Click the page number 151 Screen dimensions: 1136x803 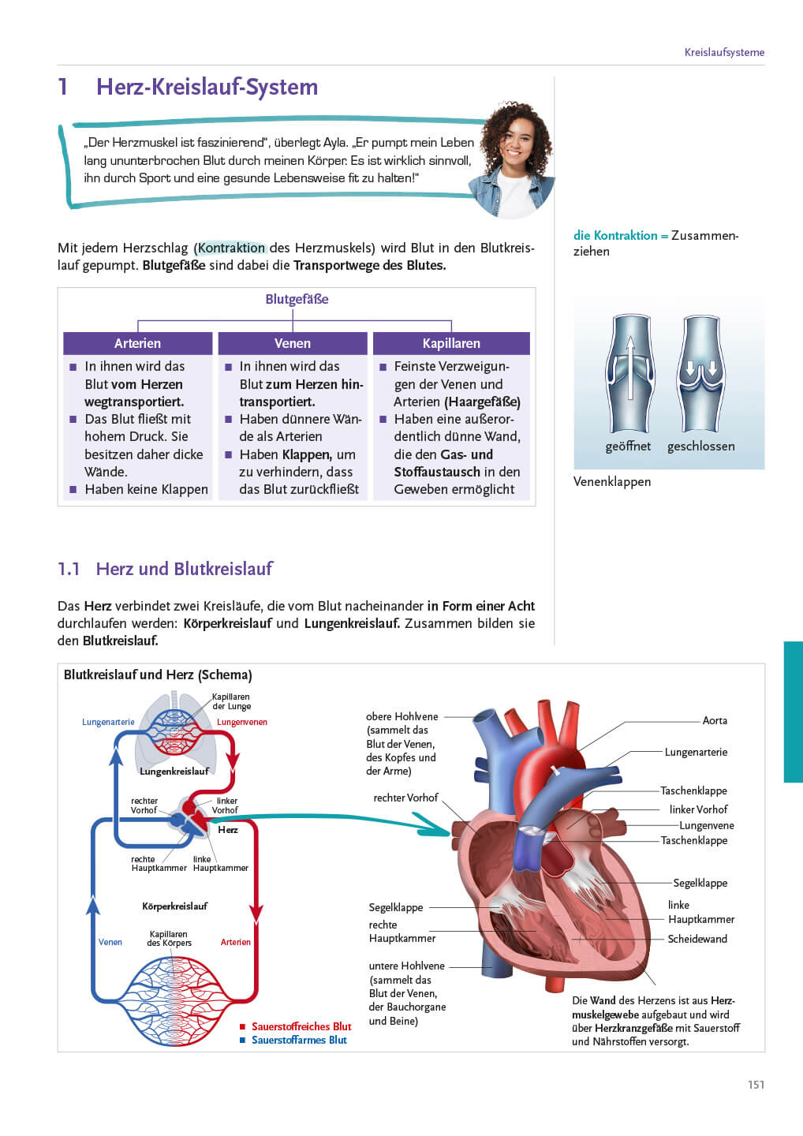756,1085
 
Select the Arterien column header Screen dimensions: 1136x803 137,343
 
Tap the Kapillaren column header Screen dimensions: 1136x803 450,343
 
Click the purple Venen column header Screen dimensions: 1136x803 293,343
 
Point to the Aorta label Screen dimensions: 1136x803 715,720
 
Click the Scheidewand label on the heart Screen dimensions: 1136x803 697,939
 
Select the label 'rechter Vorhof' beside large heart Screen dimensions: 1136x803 405,798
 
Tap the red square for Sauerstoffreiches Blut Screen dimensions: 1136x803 243,1027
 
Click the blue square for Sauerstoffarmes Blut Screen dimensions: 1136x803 243,1041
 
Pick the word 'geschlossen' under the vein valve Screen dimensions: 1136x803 700,446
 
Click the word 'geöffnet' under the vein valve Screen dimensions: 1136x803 628,446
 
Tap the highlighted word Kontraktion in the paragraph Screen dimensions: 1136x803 231,248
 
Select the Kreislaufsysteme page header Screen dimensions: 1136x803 724,52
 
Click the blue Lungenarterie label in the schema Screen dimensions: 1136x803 108,722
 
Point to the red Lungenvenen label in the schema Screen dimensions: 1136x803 242,722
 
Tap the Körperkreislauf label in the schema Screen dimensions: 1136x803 174,906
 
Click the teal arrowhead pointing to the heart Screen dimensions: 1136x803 434,827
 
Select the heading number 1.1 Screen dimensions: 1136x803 69,569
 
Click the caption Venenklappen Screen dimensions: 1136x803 612,481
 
